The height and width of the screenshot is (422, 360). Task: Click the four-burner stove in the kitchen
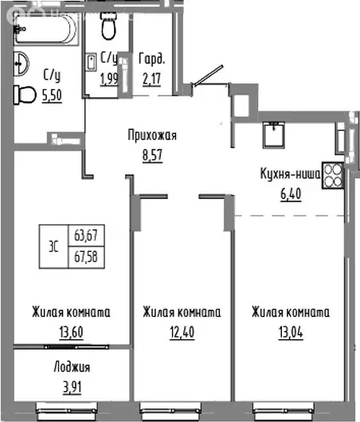click(333, 176)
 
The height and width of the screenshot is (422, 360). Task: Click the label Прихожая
click(151, 135)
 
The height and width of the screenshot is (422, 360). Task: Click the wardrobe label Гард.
click(151, 57)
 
